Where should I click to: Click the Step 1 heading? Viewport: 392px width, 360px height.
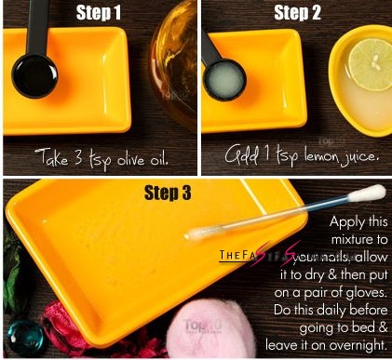102,14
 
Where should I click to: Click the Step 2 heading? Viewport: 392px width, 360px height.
297,13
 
